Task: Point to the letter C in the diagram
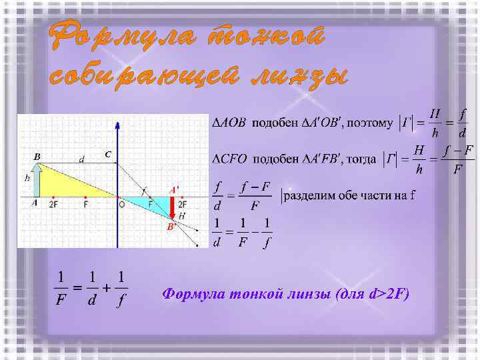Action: pyautogui.click(x=107, y=155)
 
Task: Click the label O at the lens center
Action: pyautogui.click(x=121, y=205)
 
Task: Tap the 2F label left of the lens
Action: pyautogui.click(x=53, y=205)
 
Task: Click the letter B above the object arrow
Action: pyautogui.click(x=37, y=157)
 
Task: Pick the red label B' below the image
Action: pyautogui.click(x=171, y=227)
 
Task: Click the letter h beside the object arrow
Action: pyautogui.click(x=27, y=178)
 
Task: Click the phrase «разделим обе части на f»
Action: pyautogui.click(x=349, y=195)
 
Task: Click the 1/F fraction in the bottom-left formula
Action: pyautogui.click(x=61, y=288)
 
